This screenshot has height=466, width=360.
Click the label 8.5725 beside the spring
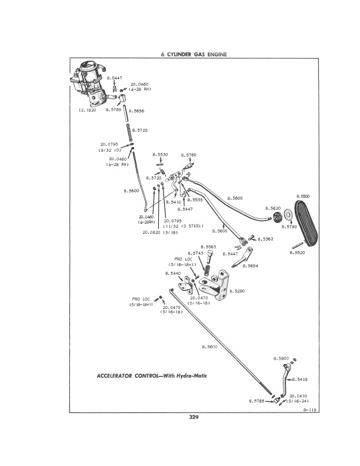point(140,129)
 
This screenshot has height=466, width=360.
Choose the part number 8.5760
point(188,154)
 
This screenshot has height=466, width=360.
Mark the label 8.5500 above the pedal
point(303,196)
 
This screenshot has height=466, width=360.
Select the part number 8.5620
point(273,208)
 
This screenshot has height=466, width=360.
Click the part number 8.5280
point(236,291)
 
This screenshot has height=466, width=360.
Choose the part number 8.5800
point(281,358)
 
